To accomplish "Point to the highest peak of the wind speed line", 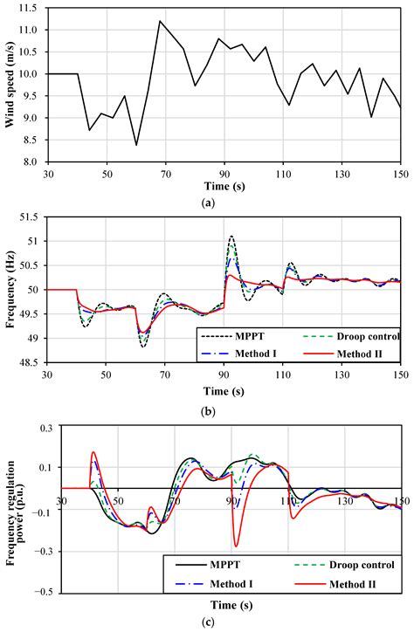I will tap(160, 21).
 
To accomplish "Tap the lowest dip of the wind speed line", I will tap(136, 145).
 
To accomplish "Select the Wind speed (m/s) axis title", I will tap(11, 85).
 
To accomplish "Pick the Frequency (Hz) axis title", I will tap(11, 301).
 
